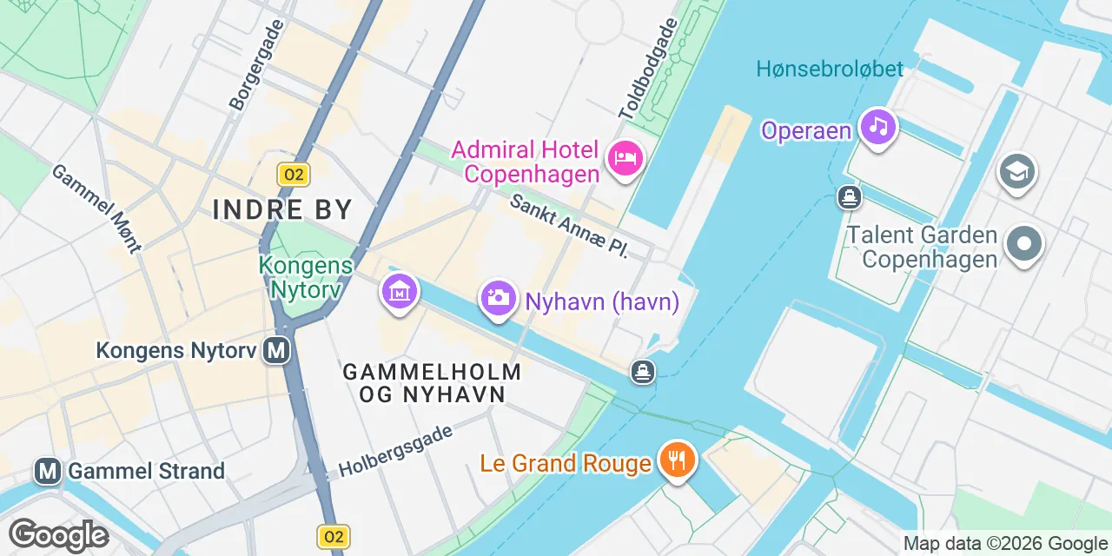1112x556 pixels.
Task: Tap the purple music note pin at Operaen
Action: [x=878, y=127]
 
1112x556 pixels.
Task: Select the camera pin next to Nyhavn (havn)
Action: [x=498, y=299]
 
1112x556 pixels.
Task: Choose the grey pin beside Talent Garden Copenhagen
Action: [x=1024, y=244]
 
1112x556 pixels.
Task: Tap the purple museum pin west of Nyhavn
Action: [x=399, y=292]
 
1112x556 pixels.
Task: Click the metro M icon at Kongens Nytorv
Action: [x=277, y=350]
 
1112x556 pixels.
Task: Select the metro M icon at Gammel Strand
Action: [x=48, y=472]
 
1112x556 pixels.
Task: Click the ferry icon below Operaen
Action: [x=849, y=197]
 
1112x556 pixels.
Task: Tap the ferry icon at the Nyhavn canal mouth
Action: [x=643, y=372]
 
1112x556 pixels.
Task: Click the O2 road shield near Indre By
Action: [x=294, y=175]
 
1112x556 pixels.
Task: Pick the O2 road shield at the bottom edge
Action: [x=334, y=537]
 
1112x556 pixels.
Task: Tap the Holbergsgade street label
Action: [x=395, y=450]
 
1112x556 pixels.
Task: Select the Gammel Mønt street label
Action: [x=96, y=208]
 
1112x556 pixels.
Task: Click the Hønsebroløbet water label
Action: [x=830, y=69]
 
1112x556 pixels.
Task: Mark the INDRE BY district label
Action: [x=282, y=209]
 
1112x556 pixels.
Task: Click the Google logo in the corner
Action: [x=58, y=535]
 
